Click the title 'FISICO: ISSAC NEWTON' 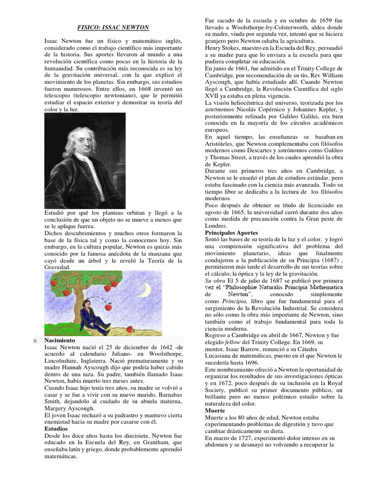[x=113, y=27]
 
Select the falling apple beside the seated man [x=109, y=307]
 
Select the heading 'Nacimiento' [x=60, y=339]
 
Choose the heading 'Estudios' [x=56, y=428]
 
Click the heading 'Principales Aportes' [x=231, y=233]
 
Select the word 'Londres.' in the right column [x=216, y=226]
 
